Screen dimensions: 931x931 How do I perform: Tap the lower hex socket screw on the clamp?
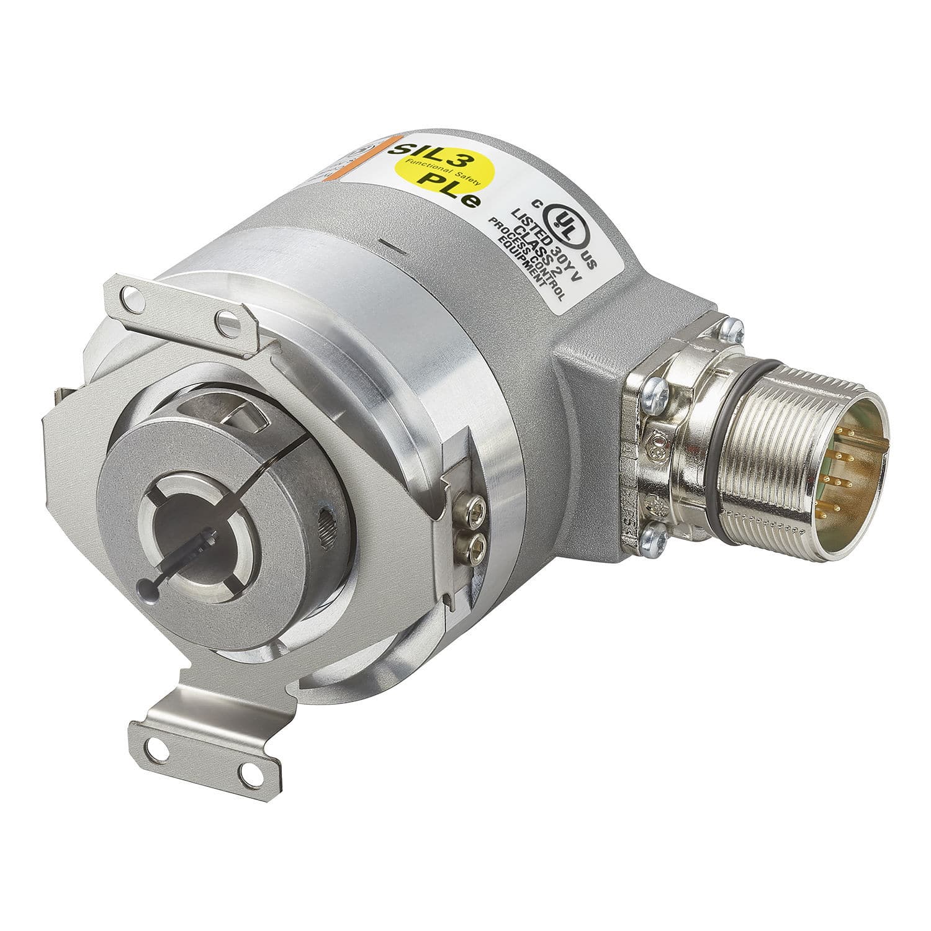(479, 547)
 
